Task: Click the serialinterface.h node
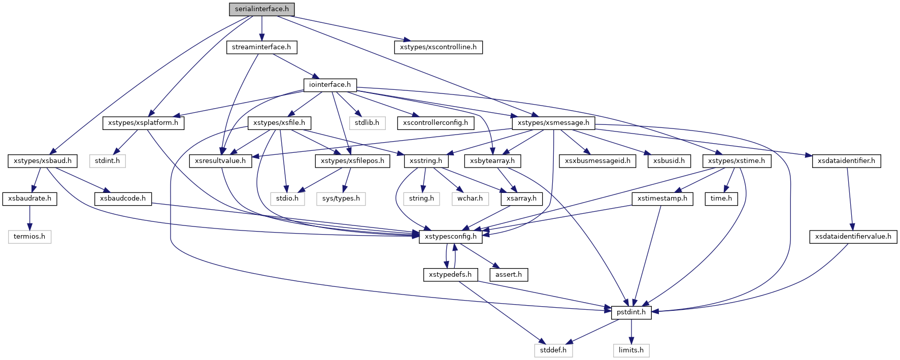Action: [261, 9]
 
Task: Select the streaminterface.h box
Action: [261, 47]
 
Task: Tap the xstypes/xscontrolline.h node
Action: [438, 47]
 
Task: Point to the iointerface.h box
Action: [330, 85]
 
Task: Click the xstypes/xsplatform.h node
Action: [143, 123]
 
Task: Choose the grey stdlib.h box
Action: [367, 123]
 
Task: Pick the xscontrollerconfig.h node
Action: [436, 123]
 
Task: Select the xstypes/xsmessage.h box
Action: [553, 123]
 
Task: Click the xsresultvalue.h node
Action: [220, 161]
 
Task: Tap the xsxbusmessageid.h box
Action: [597, 161]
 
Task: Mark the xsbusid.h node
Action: [669, 161]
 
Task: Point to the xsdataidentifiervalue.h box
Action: [853, 237]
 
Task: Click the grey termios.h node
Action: [29, 237]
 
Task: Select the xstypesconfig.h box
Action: [451, 237]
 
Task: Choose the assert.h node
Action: [509, 275]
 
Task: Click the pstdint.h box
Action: [631, 312]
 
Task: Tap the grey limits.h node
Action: [631, 350]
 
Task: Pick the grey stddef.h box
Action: [553, 350]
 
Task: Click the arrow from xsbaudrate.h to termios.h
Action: [29, 217]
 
